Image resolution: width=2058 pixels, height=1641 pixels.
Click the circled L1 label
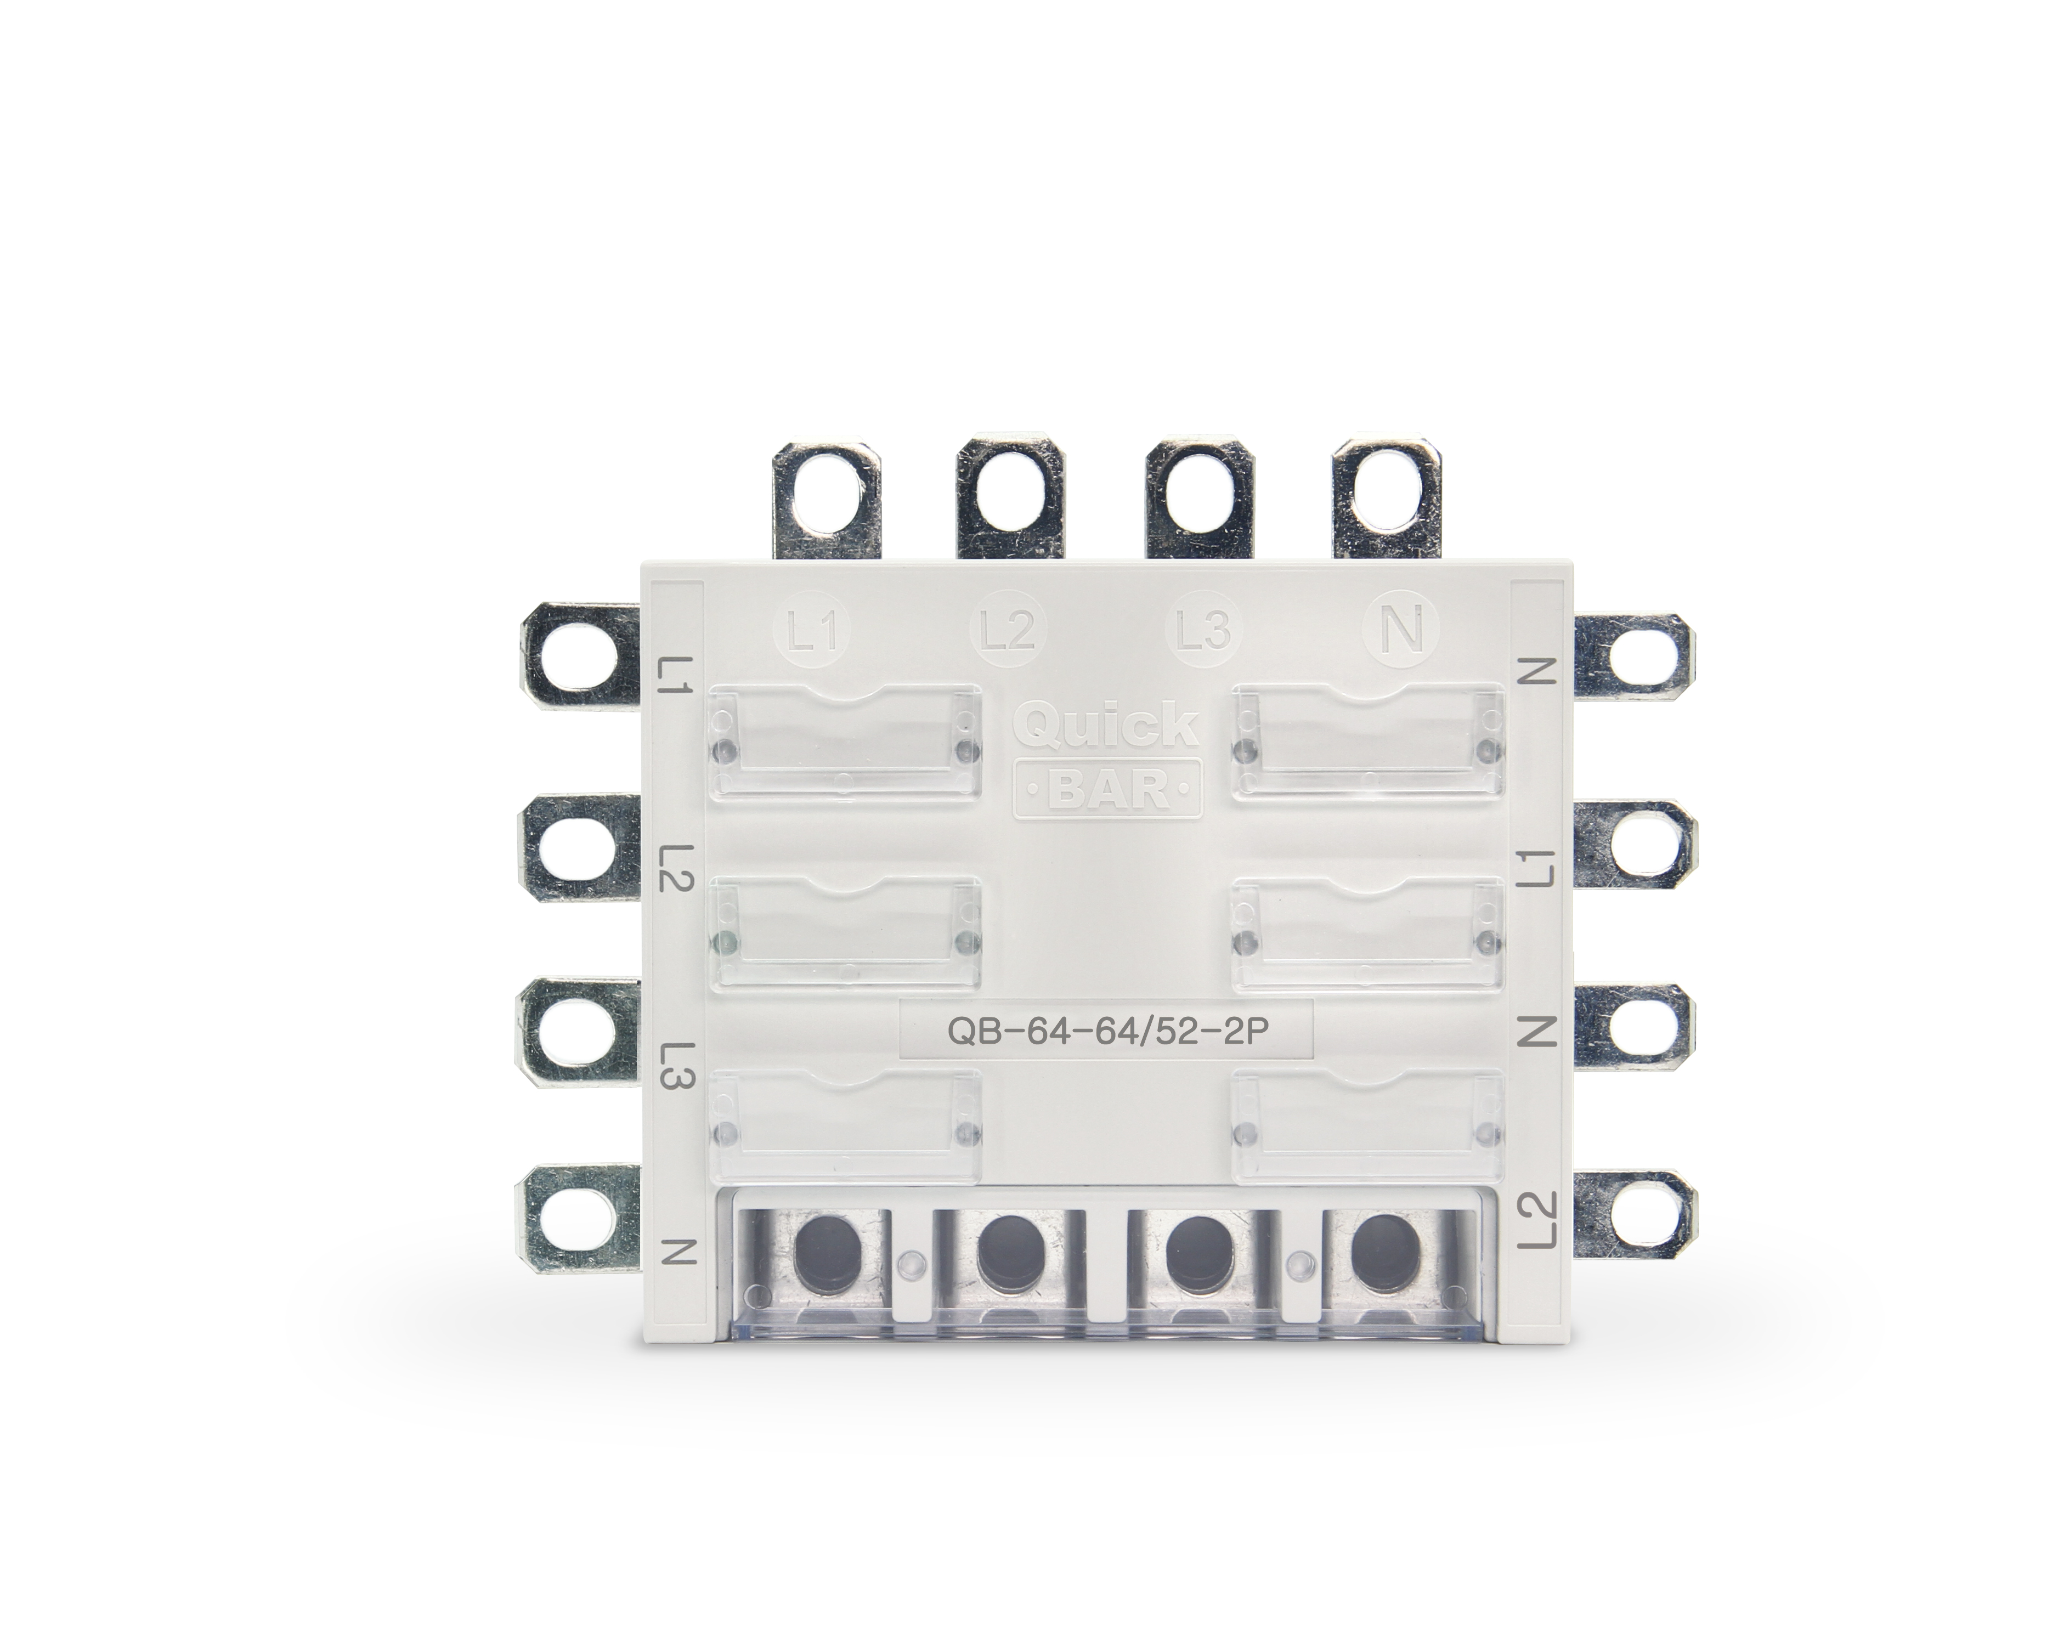(x=810, y=633)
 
